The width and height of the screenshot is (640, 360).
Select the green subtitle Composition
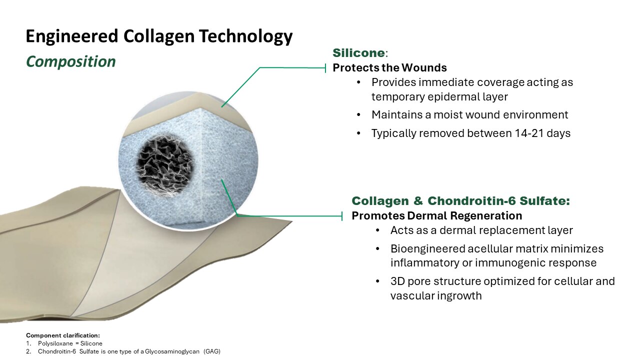pos(70,61)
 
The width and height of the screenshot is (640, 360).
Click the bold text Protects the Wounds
pos(389,67)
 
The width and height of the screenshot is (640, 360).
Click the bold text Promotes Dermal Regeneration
pos(436,216)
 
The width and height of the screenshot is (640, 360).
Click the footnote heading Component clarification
pos(63,335)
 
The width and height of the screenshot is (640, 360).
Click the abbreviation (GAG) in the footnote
pos(210,351)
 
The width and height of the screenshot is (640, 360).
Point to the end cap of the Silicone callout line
pos(326,67)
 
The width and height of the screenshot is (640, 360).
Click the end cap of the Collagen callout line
pos(342,216)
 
